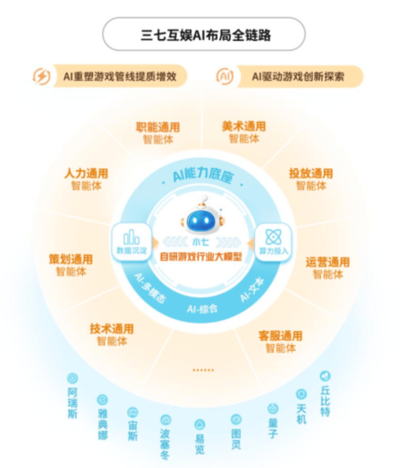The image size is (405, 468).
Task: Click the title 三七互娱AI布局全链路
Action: (206, 35)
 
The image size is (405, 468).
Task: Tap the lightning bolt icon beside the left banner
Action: (42, 76)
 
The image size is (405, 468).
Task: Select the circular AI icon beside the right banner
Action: (225, 76)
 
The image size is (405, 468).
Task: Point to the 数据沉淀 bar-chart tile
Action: (132, 242)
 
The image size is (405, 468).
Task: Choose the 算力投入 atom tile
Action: (273, 242)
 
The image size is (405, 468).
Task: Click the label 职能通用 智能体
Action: (158, 133)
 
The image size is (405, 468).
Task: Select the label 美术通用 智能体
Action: (244, 132)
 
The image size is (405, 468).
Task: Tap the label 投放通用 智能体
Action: (311, 180)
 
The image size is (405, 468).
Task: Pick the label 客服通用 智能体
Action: (280, 342)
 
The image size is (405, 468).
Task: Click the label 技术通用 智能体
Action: (112, 335)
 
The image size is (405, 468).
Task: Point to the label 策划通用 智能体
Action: (71, 265)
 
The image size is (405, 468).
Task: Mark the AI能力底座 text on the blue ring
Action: (203, 175)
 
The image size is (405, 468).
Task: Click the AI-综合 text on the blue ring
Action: (202, 309)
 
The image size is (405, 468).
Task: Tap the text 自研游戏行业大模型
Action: (201, 256)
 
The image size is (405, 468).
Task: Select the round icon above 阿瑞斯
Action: (72, 378)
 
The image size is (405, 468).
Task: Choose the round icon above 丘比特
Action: (325, 376)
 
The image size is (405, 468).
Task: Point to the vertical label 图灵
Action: (236, 439)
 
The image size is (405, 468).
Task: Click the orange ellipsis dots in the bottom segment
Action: (203, 370)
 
